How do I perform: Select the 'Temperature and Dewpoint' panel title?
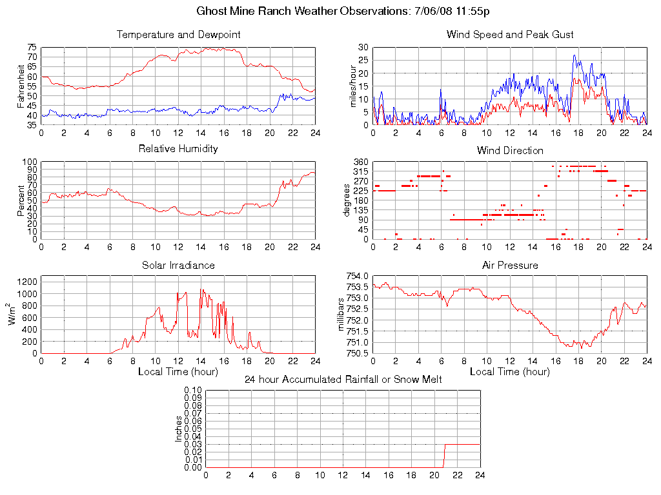pyautogui.click(x=178, y=35)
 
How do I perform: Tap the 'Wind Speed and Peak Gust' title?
pyautogui.click(x=510, y=35)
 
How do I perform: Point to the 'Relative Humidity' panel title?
pyautogui.click(x=178, y=149)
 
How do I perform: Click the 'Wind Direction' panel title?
pyautogui.click(x=510, y=150)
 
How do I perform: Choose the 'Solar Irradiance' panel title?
pyautogui.click(x=178, y=265)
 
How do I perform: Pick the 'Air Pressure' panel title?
pyautogui.click(x=510, y=265)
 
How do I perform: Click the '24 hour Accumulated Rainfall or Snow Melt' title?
pyautogui.click(x=343, y=380)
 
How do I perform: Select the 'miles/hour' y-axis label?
pyautogui.click(x=353, y=86)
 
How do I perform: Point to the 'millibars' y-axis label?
pyautogui.click(x=343, y=315)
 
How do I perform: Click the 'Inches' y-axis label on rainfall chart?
pyautogui.click(x=179, y=429)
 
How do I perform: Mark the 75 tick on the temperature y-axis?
pyautogui.click(x=32, y=48)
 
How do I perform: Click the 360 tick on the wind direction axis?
pyautogui.click(x=361, y=162)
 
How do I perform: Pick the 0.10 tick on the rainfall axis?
pyautogui.click(x=193, y=391)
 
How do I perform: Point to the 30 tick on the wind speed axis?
pyautogui.click(x=363, y=48)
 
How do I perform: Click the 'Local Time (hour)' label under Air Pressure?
pyautogui.click(x=510, y=371)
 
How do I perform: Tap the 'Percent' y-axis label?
pyautogui.click(x=21, y=200)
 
